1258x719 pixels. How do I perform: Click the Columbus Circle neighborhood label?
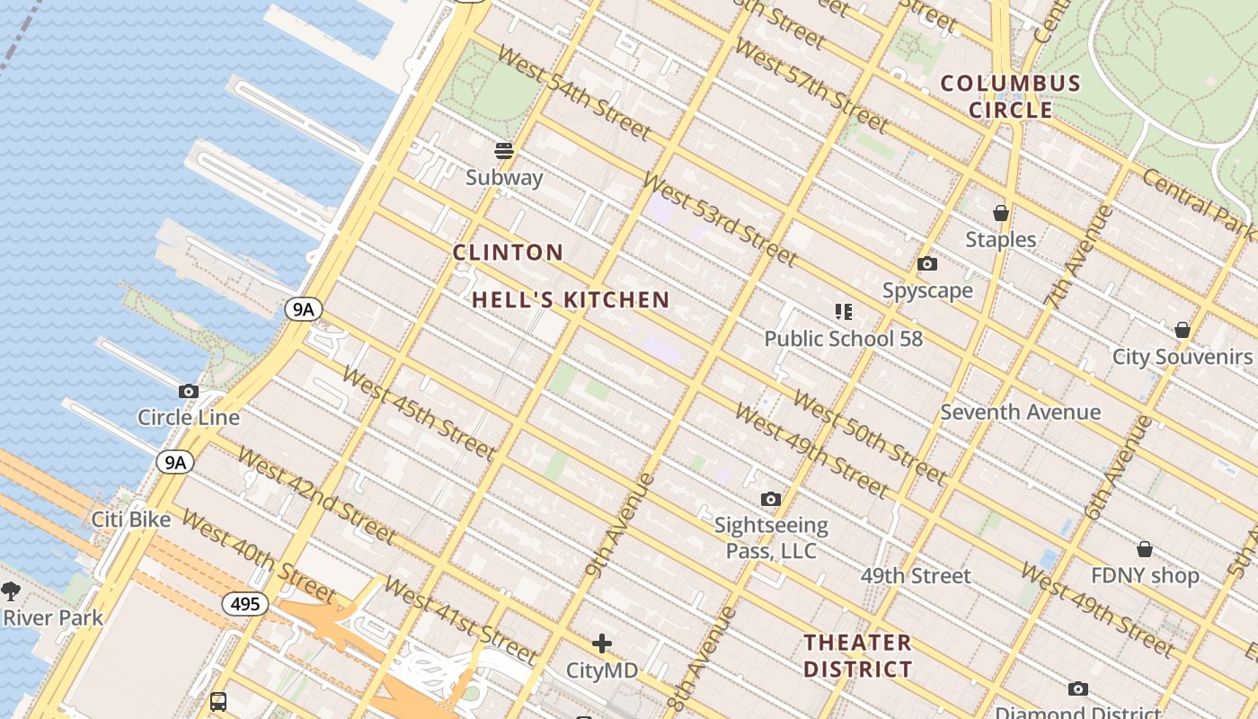point(1010,97)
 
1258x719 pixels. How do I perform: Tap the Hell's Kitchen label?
point(571,300)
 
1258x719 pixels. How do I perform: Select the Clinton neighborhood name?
point(508,253)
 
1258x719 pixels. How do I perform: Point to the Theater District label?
point(857,656)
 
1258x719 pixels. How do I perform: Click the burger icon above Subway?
point(504,150)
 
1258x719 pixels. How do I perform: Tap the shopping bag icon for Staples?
point(1000,213)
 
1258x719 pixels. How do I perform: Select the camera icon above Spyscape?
point(926,264)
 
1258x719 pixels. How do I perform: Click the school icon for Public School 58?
point(843,312)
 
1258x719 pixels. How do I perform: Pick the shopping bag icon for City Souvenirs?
point(1182,330)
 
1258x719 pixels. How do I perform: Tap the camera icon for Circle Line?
point(189,391)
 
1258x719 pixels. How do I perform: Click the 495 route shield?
point(245,604)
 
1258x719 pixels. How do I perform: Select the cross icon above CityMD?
point(602,644)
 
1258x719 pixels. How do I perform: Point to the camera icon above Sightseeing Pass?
point(770,499)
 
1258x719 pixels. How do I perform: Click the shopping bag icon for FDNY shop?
point(1145,548)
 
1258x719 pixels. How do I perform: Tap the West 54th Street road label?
point(573,93)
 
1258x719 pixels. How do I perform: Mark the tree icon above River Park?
point(11,590)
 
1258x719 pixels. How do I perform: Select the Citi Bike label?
point(131,519)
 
